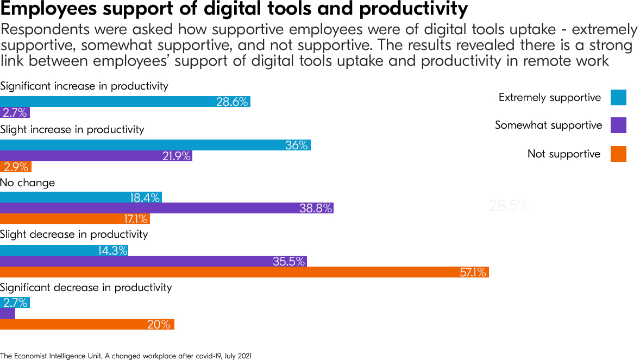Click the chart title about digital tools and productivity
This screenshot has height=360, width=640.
click(234, 9)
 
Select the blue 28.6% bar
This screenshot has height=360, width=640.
click(125, 102)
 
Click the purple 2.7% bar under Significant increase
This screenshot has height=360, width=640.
click(15, 112)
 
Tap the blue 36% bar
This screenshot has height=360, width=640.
click(155, 145)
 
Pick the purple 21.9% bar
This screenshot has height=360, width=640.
click(96, 156)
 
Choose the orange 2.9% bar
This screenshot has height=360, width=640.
click(16, 167)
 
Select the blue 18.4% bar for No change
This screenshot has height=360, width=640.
click(80, 197)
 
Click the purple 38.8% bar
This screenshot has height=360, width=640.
click(166, 208)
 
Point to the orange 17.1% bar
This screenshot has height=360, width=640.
click(74, 219)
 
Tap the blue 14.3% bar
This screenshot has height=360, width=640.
click(64, 250)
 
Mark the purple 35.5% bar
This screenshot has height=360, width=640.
click(153, 261)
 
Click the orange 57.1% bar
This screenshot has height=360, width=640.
click(244, 272)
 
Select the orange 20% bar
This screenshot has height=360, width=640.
click(87, 324)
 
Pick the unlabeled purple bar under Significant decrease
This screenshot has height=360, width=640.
click(8, 313)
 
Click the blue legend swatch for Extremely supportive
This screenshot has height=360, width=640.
click(618, 98)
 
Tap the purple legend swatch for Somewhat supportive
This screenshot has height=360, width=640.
click(618, 125)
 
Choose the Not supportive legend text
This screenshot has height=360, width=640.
click(563, 154)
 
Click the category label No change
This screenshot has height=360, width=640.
click(27, 182)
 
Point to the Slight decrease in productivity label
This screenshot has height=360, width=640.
click(74, 235)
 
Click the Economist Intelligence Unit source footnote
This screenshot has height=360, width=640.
click(126, 356)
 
